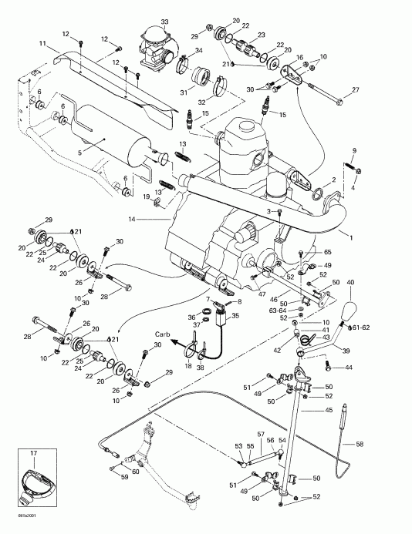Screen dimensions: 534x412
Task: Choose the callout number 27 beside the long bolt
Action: click(x=356, y=91)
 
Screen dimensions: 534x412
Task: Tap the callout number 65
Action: click(x=326, y=252)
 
